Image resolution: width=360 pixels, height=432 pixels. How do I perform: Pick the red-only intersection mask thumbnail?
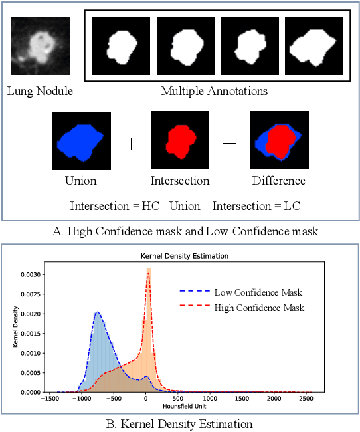[179, 140]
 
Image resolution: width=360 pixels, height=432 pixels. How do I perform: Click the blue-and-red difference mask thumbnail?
[278, 140]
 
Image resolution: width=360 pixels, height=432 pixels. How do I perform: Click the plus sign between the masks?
[132, 144]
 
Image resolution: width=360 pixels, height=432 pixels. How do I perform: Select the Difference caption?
[278, 181]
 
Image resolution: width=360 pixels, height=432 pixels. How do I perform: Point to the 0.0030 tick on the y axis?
[31, 274]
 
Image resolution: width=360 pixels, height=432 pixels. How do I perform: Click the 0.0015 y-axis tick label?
[31, 333]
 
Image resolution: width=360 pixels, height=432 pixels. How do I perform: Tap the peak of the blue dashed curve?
[98, 312]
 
